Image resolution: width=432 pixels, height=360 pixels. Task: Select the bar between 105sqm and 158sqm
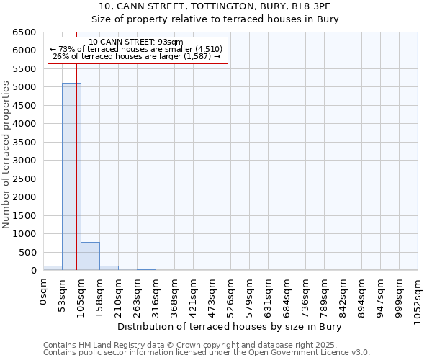(x=90, y=256)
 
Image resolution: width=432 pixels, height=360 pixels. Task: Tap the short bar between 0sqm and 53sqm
(x=53, y=268)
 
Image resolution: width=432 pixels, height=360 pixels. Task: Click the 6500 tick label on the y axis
(x=24, y=32)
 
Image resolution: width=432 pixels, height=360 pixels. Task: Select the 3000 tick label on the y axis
(x=24, y=161)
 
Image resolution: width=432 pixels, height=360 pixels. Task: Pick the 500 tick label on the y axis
(x=27, y=253)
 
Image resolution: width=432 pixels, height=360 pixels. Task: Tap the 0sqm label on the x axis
(x=44, y=293)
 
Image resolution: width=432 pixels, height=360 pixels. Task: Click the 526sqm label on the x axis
(x=231, y=297)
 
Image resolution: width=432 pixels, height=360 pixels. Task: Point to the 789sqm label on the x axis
(x=325, y=297)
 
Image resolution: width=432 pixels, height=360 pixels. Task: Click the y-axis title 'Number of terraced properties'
(x=7, y=155)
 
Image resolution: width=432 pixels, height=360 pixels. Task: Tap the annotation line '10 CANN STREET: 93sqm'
(x=136, y=42)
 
